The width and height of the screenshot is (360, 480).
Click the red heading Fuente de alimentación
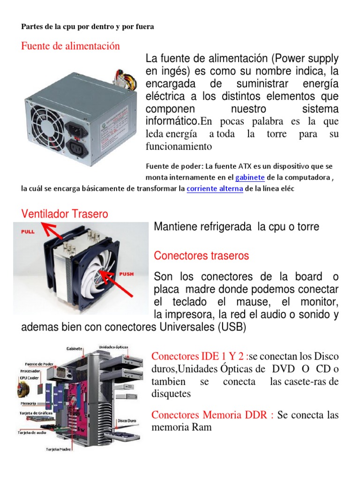click(70, 46)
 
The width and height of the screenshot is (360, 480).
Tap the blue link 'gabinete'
click(250, 178)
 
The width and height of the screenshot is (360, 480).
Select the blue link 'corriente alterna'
click(215, 189)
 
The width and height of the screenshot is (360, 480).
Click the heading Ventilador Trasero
click(65, 214)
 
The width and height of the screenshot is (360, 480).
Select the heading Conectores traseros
click(202, 256)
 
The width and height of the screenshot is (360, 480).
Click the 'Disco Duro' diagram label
click(127, 421)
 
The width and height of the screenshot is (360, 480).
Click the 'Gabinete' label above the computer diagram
click(74, 349)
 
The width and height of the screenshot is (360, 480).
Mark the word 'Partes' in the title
click(32, 26)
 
